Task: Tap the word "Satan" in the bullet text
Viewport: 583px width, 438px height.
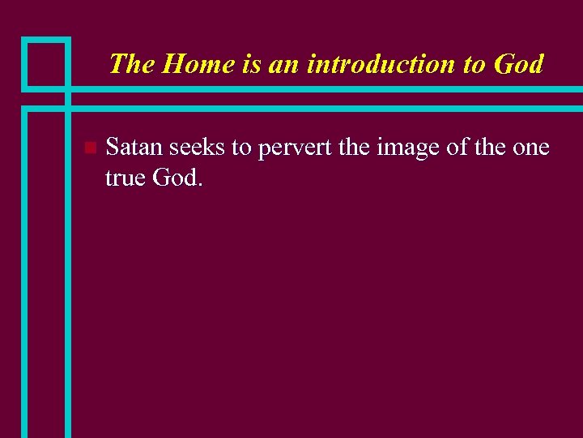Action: tap(134, 147)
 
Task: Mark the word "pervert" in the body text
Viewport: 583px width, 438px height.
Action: tap(293, 148)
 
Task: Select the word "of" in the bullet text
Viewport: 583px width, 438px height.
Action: tap(449, 147)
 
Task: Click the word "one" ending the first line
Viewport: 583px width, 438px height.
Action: tap(530, 148)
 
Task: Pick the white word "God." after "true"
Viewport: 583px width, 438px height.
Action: tap(177, 177)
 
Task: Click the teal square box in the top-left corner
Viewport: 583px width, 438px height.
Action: tap(45, 62)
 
